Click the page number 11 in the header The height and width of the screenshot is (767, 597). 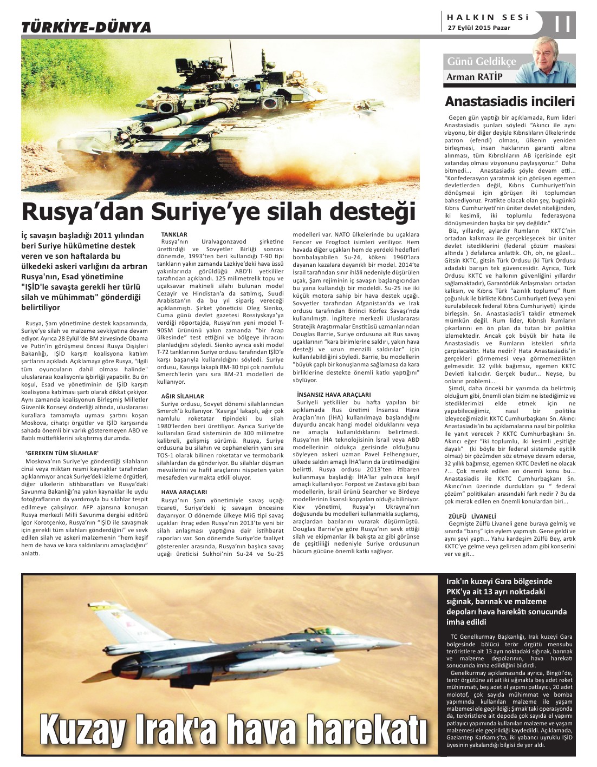click(x=563, y=23)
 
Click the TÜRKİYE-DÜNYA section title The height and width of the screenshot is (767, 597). click(x=86, y=27)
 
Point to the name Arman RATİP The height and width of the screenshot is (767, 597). click(x=475, y=77)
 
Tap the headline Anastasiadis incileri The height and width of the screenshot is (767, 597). click(x=509, y=101)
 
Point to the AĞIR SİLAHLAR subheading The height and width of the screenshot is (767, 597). click(x=183, y=396)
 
